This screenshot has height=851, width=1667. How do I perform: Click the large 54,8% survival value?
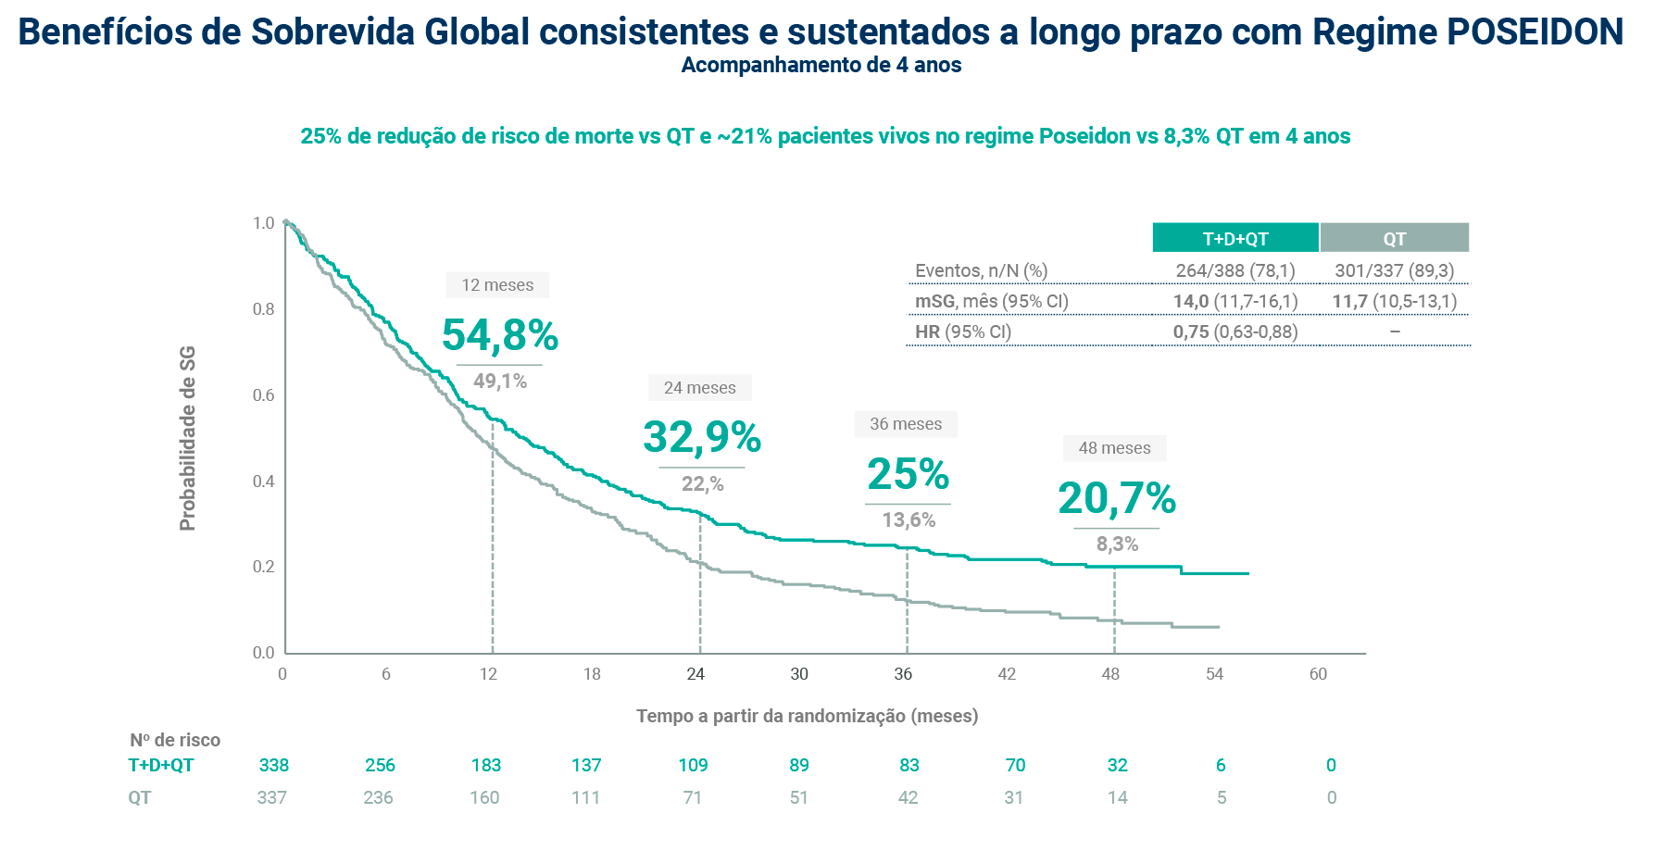[500, 335]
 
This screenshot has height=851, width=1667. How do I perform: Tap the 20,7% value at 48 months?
[1117, 498]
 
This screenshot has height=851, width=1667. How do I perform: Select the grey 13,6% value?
[909, 520]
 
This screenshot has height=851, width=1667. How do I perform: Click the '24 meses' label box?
[699, 388]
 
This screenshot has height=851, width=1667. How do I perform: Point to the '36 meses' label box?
[906, 424]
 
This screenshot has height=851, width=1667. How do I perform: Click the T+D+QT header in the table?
[1235, 238]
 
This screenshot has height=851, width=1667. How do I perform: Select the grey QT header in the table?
[1395, 238]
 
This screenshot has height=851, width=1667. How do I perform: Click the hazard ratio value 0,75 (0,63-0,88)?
[1235, 332]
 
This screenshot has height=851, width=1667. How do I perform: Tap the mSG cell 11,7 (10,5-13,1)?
[1395, 301]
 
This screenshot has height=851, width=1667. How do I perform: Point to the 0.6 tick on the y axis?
[264, 395]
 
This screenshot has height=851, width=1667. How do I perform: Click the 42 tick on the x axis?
[1007, 674]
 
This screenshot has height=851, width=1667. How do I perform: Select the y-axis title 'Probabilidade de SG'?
[188, 438]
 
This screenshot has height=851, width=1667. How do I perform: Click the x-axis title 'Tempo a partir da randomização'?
[807, 716]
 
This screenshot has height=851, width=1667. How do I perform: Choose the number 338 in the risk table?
[274, 765]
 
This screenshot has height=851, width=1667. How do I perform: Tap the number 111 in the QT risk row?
[586, 797]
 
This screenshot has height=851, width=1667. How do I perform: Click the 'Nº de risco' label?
[175, 740]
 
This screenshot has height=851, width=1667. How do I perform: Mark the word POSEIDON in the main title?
[1535, 32]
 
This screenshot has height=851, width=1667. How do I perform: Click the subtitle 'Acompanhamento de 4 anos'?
[821, 65]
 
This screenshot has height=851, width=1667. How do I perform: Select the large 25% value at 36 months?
[908, 475]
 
